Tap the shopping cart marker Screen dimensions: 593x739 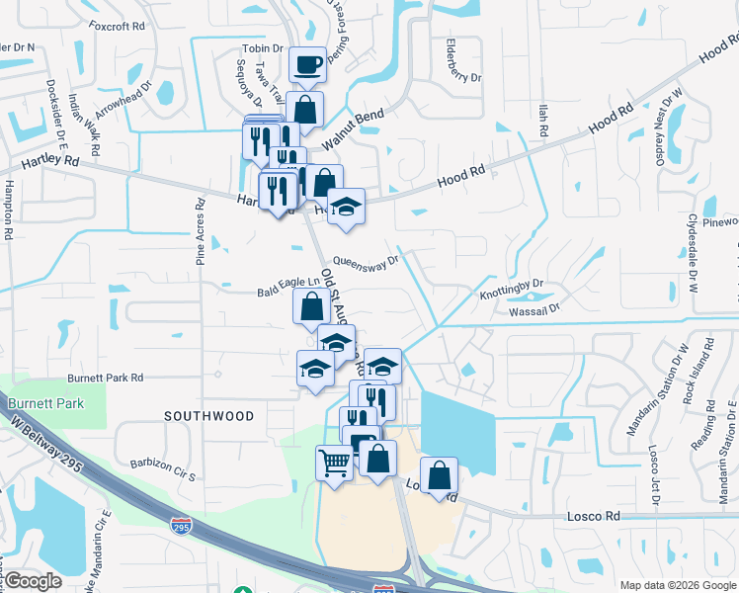click(x=335, y=462)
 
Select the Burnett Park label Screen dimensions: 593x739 click(x=45, y=403)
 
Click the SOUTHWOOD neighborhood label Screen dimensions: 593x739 click(x=210, y=416)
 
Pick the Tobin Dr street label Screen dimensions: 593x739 click(x=263, y=47)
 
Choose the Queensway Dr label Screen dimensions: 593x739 click(x=365, y=262)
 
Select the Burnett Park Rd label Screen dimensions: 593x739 click(x=105, y=378)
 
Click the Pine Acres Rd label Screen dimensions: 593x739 click(x=201, y=233)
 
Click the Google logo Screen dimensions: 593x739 click(x=33, y=581)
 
